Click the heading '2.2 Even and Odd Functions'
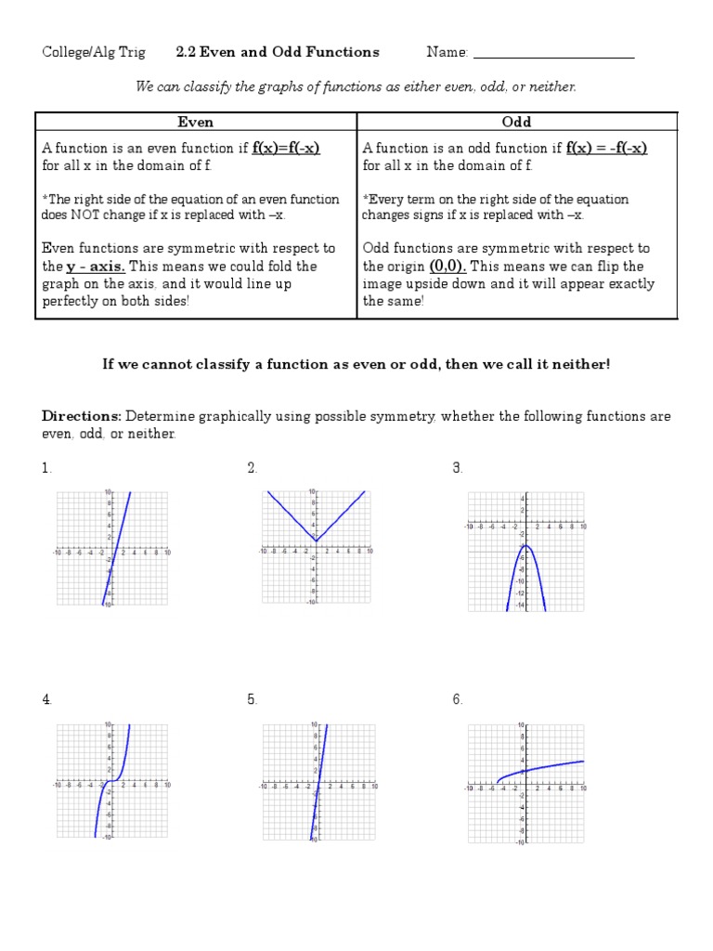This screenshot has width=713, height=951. click(x=278, y=52)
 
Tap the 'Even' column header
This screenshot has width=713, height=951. click(x=195, y=122)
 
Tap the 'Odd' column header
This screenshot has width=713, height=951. click(x=516, y=122)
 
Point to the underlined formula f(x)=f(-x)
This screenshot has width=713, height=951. click(x=286, y=149)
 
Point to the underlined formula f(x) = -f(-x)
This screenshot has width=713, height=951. click(x=606, y=149)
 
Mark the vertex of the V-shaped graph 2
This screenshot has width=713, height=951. click(x=317, y=541)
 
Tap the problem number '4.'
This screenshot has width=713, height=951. click(x=47, y=699)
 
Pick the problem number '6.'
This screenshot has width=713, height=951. click(x=458, y=699)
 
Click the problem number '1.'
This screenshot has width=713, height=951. click(x=46, y=468)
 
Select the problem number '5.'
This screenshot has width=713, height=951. click(x=253, y=699)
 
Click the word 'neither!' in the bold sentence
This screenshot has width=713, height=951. click(x=582, y=364)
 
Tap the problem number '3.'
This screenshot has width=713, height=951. click(x=458, y=468)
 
